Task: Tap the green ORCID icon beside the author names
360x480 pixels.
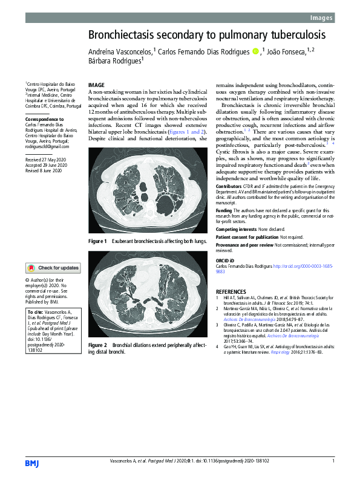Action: click(x=255, y=53)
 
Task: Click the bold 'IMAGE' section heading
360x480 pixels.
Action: click(x=97, y=85)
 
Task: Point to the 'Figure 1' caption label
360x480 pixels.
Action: click(x=97, y=241)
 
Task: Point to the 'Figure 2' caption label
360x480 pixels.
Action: click(x=97, y=345)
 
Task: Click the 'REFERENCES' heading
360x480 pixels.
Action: click(x=231, y=291)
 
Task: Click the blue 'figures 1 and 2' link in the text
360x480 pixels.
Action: click(x=185, y=131)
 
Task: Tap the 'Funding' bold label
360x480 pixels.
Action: click(x=224, y=210)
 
